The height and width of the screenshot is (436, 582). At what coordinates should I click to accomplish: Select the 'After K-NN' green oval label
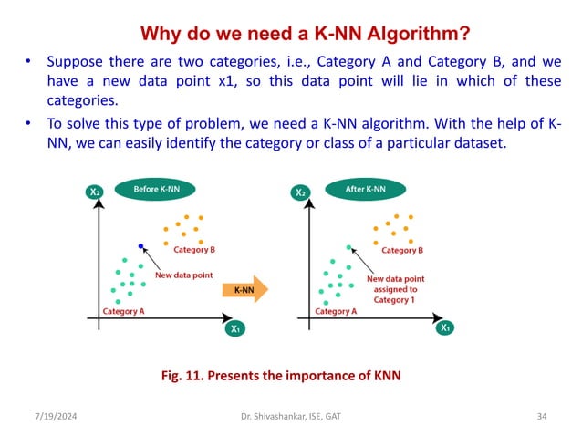(x=366, y=189)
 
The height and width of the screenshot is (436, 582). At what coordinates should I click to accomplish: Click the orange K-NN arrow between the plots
(x=245, y=290)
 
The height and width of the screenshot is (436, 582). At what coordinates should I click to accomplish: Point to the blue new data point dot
(x=140, y=245)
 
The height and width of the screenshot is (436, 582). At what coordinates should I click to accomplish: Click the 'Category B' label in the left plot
(x=194, y=249)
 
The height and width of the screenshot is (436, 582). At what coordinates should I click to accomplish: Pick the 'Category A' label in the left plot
(x=123, y=311)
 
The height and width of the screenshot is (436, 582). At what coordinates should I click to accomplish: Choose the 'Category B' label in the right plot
(x=402, y=250)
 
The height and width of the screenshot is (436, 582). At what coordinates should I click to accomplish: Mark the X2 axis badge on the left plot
(x=94, y=192)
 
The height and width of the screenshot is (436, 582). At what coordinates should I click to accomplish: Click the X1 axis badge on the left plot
(x=235, y=328)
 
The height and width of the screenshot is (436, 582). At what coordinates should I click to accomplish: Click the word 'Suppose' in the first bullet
(x=77, y=64)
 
